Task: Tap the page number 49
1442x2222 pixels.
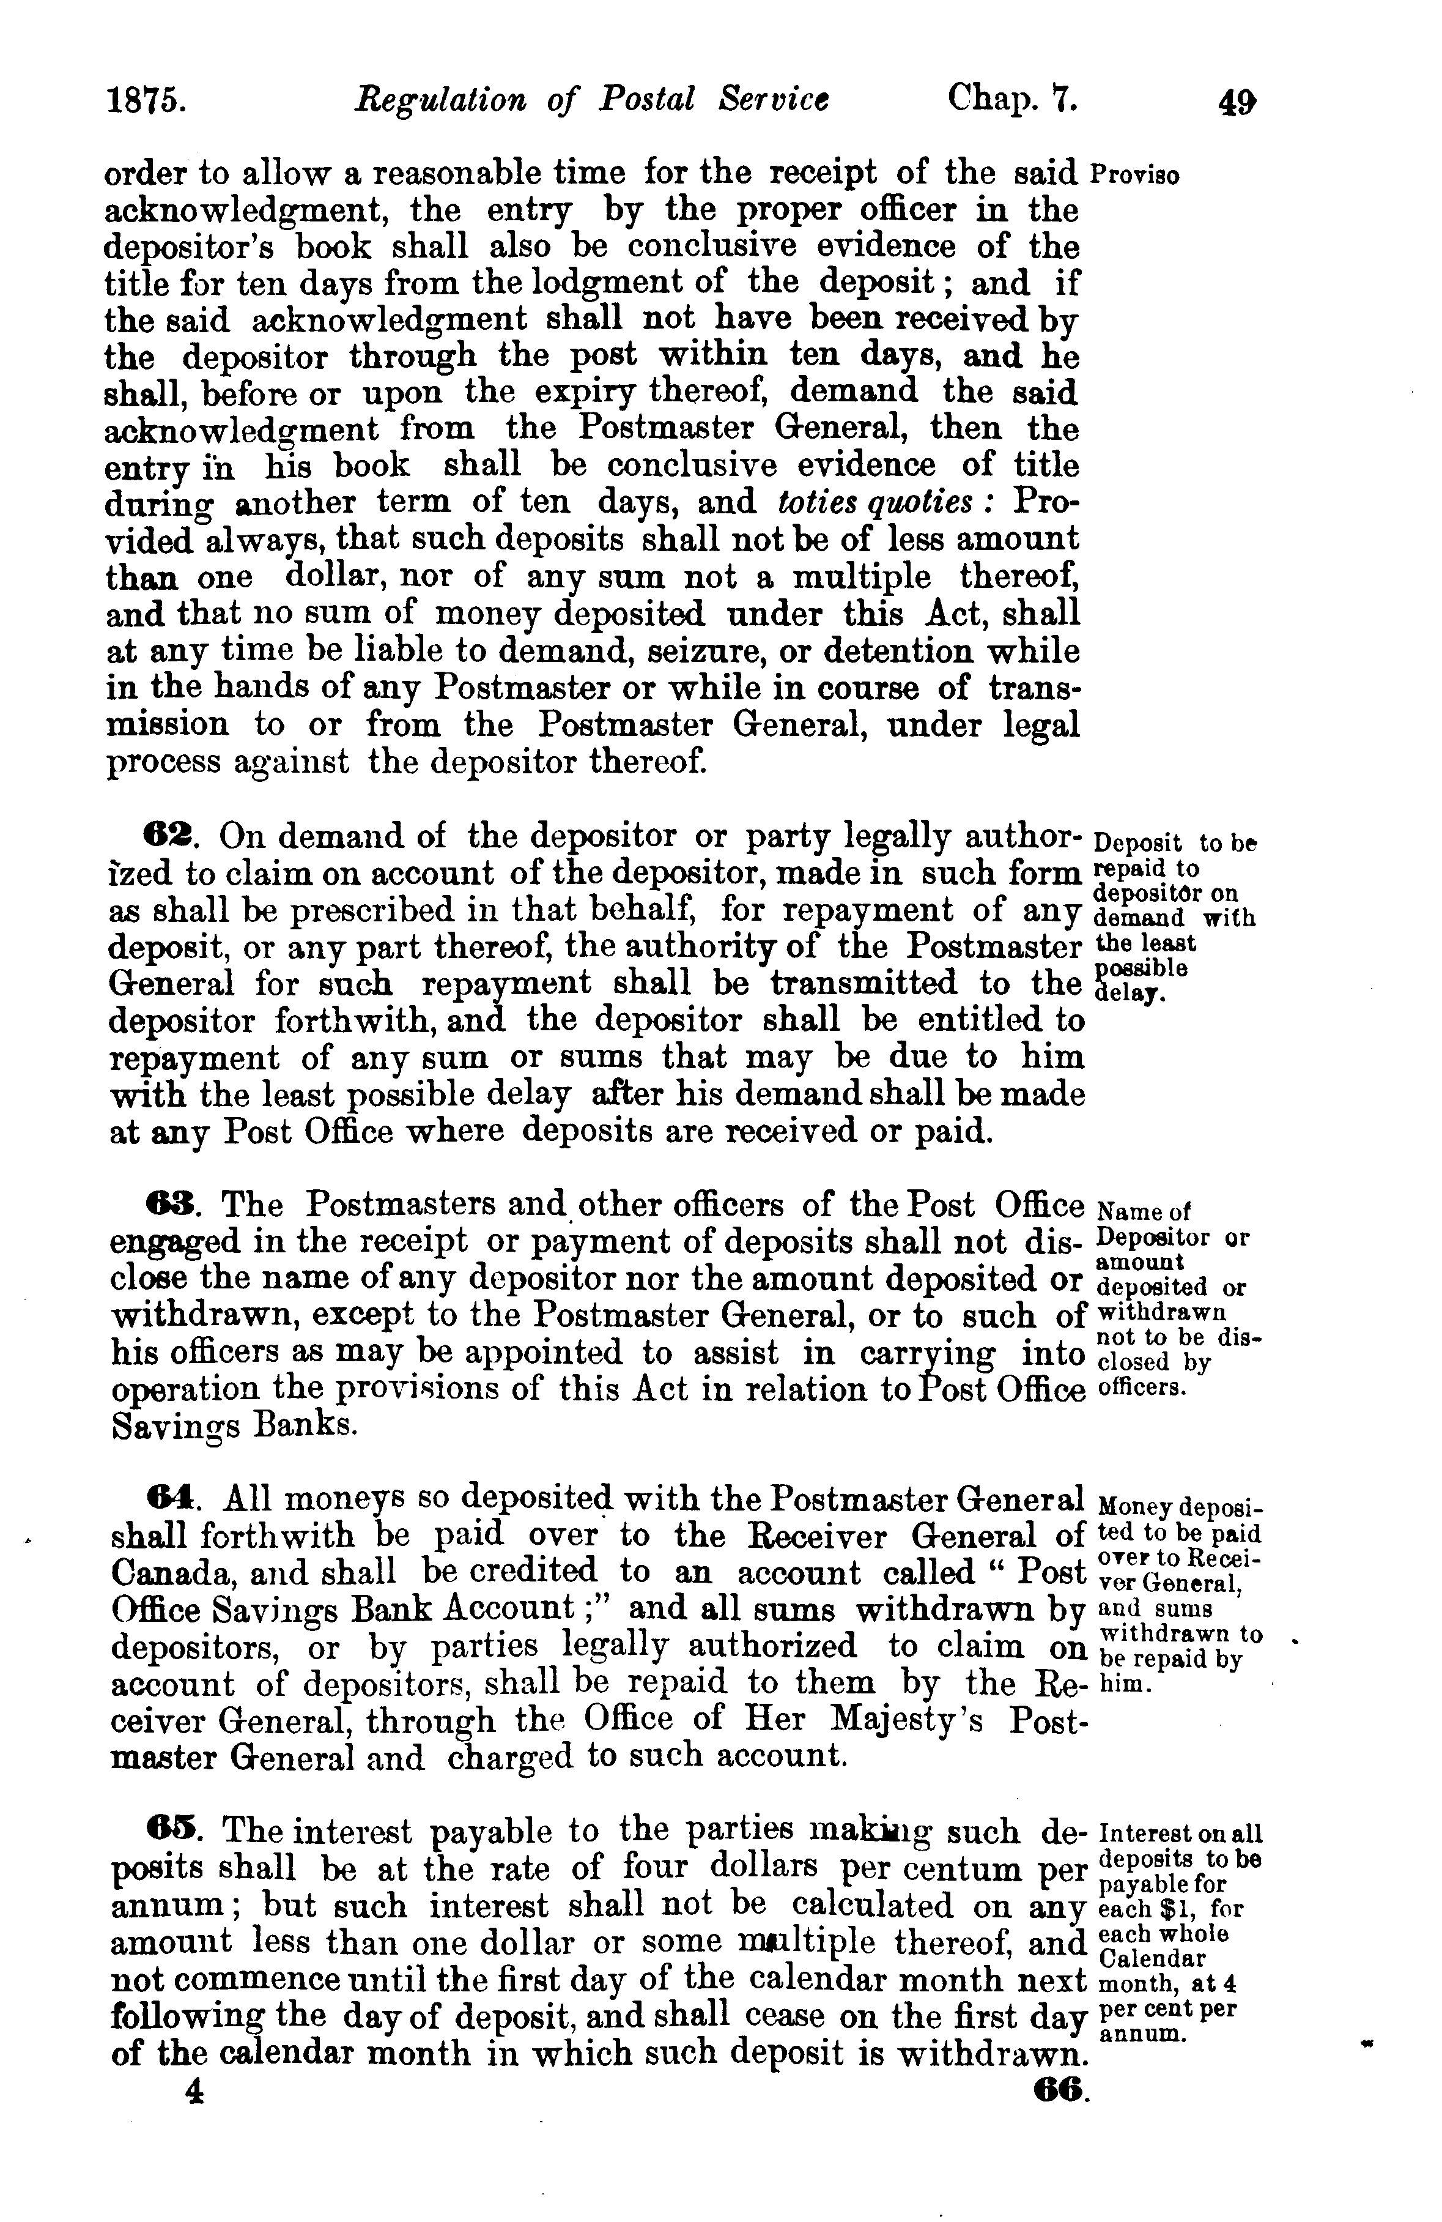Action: pos(1237,102)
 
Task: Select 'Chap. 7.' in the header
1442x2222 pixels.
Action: pos(1013,99)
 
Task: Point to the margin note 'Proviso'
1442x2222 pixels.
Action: pos(1134,176)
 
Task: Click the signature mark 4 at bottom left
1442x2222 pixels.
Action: pos(194,2089)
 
